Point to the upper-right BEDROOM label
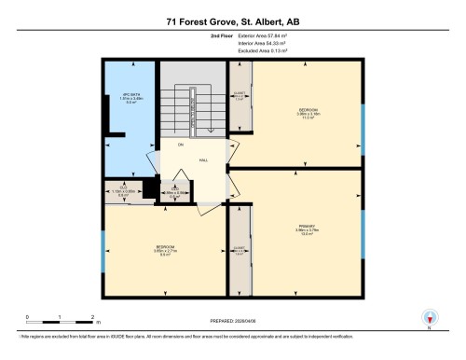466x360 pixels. pos(308,110)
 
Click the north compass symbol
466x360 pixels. pos(429,317)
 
